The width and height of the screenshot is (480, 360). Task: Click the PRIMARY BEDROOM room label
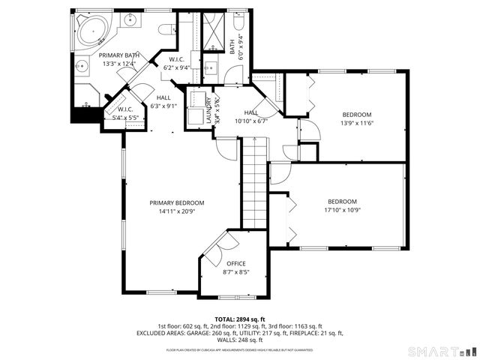176,202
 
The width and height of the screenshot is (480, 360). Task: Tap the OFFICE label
236,263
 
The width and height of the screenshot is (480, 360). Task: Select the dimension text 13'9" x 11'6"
357,123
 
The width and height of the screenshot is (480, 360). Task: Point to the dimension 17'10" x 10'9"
341,210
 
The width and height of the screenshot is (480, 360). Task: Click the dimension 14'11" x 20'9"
176,211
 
